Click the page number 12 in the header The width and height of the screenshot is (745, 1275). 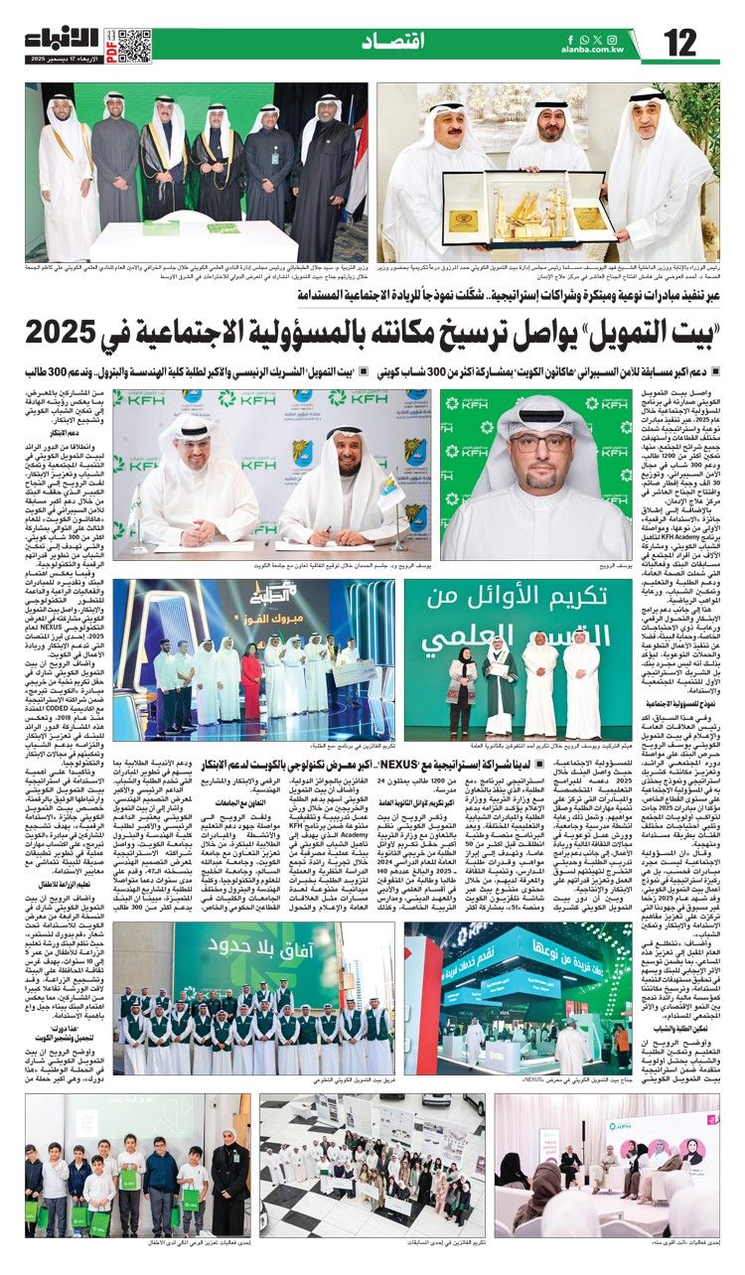coord(680,44)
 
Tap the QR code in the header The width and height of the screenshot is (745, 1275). coord(135,45)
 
